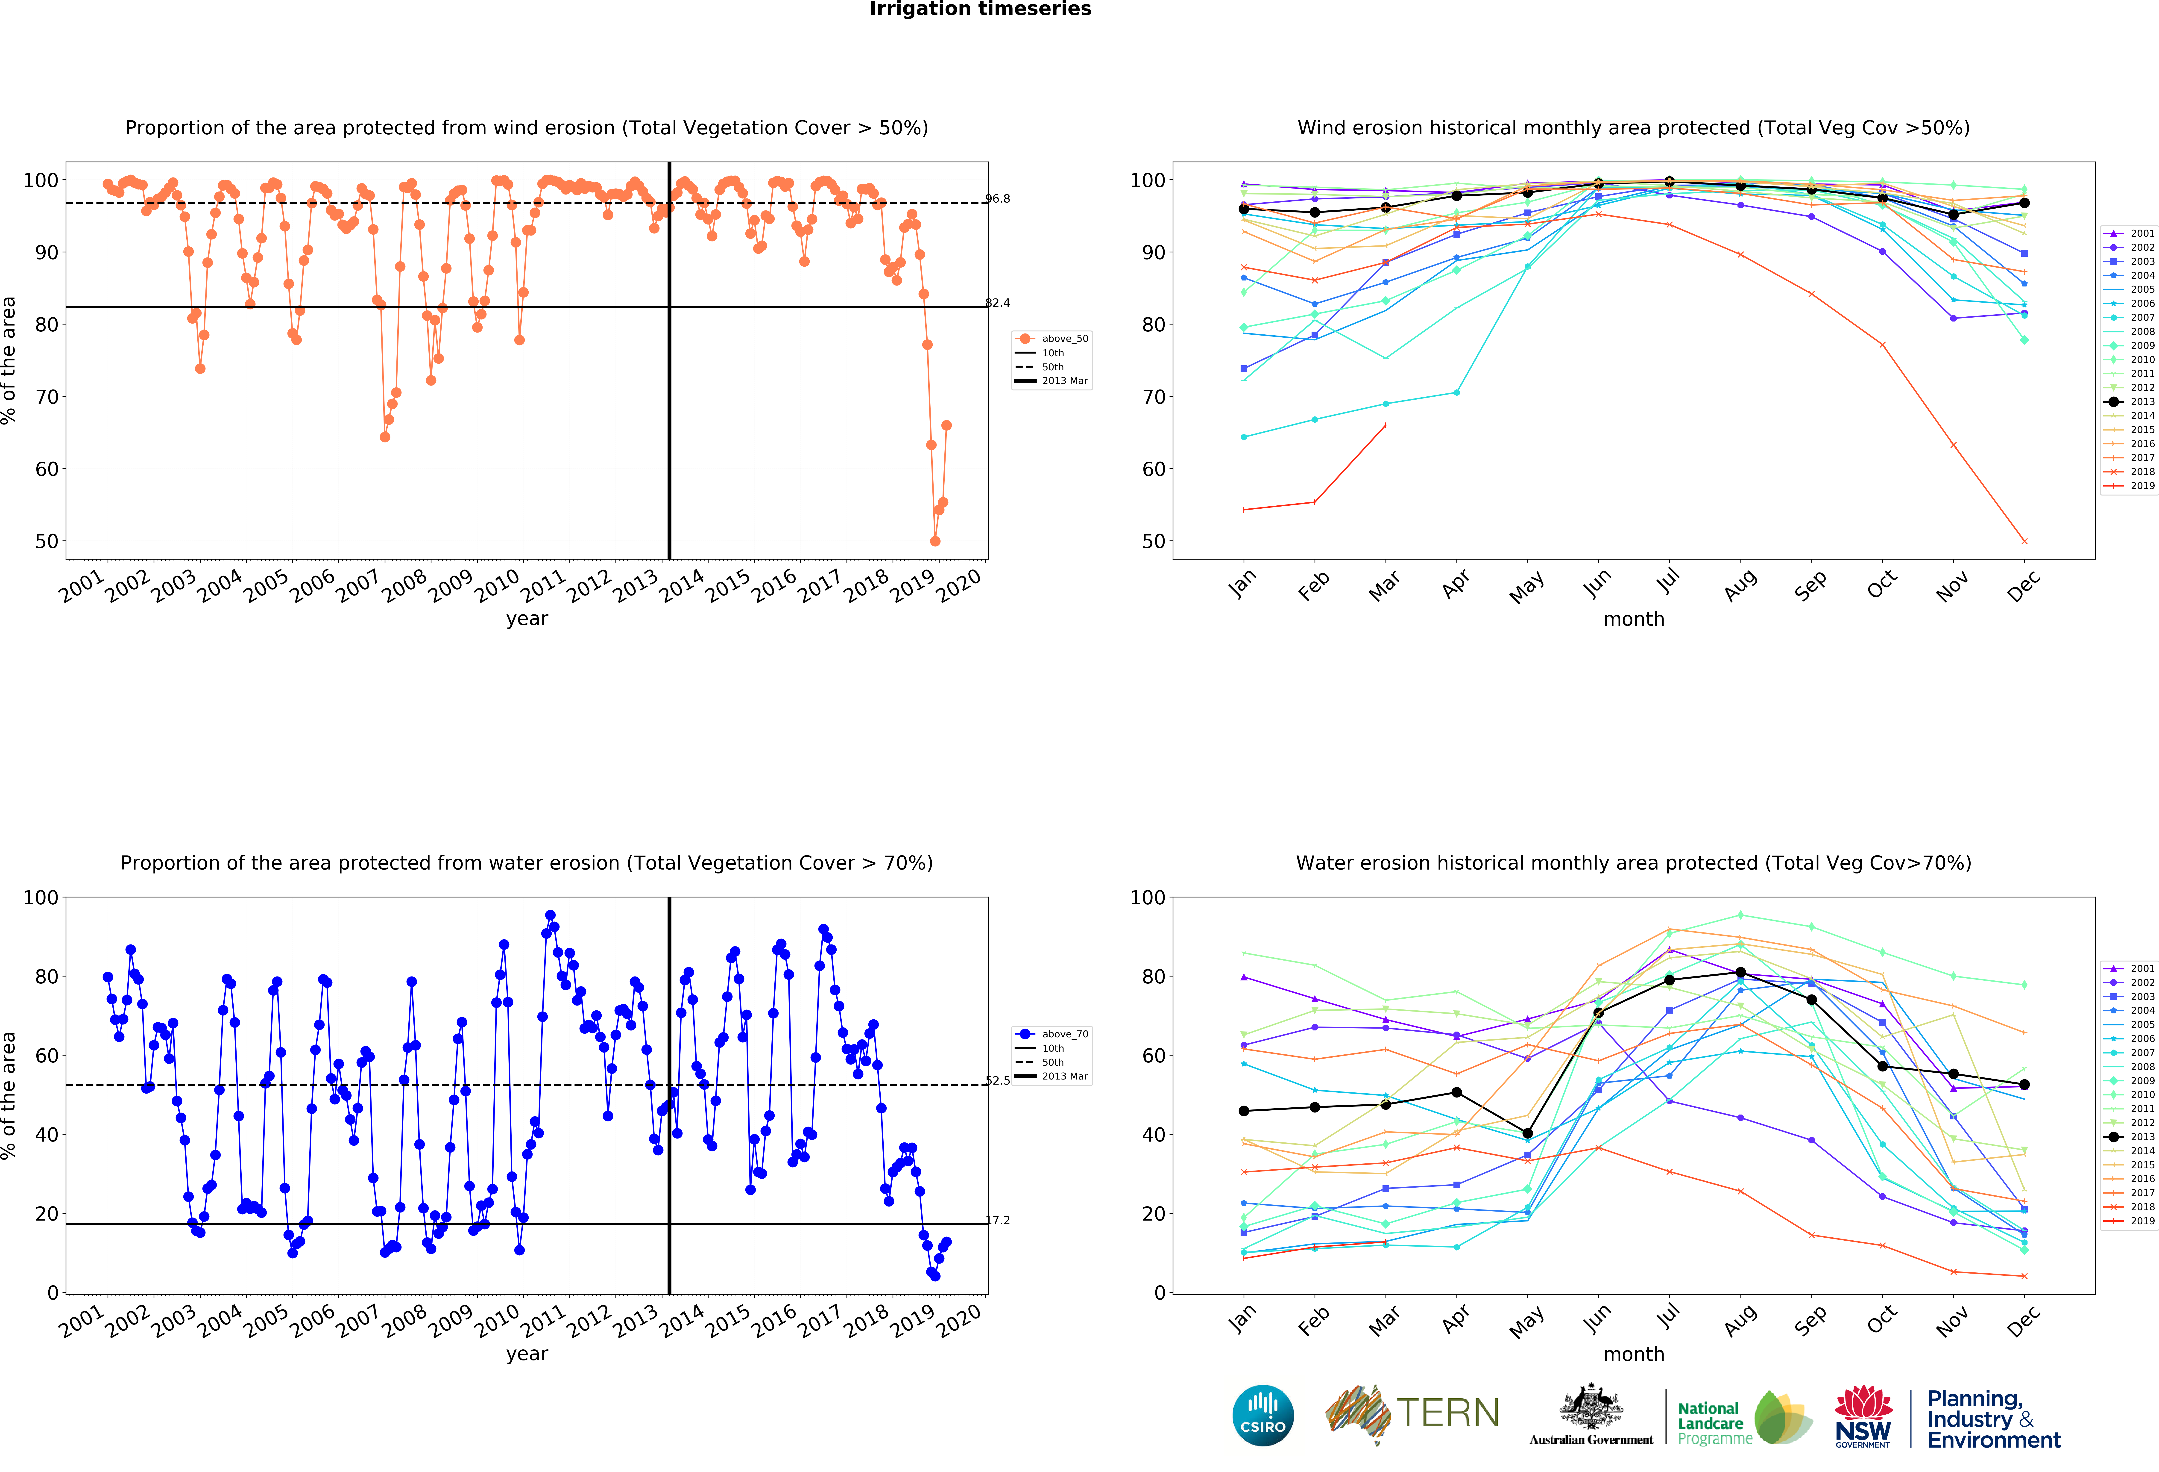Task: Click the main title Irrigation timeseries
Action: click(x=980, y=9)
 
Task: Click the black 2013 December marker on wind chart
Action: click(x=2024, y=203)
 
